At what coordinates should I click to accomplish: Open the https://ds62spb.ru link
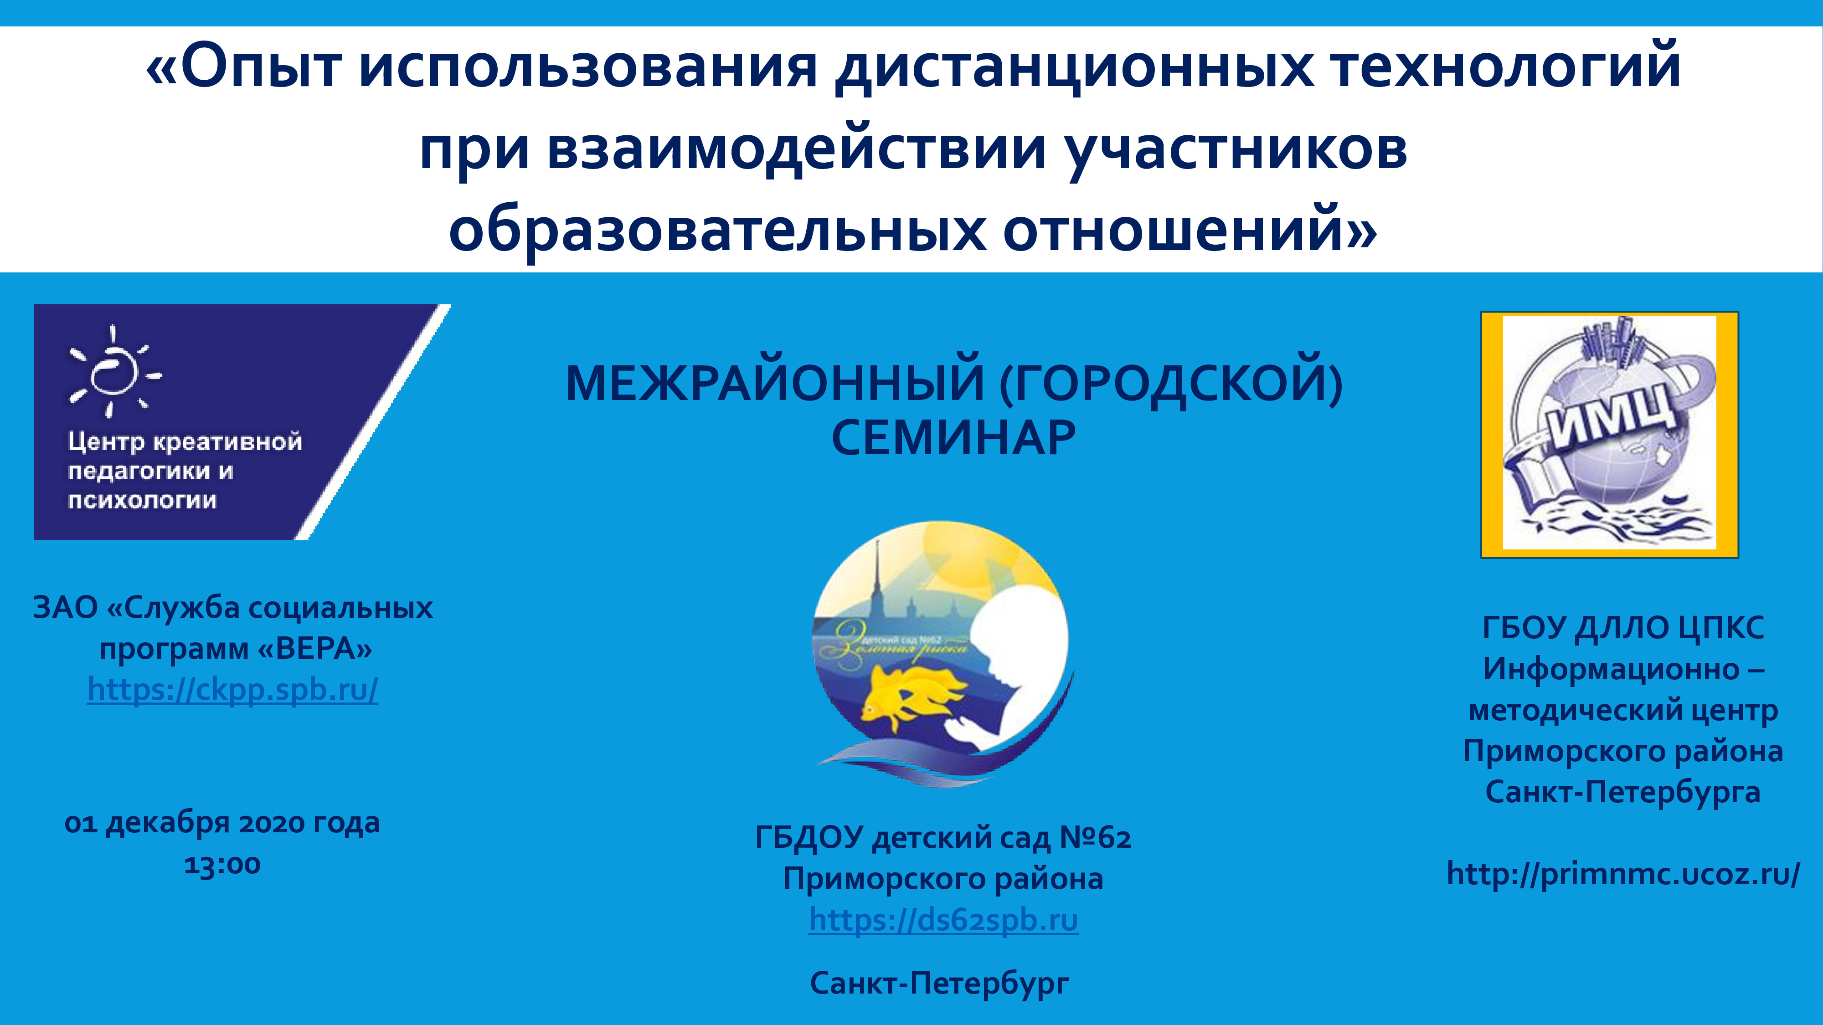tap(943, 920)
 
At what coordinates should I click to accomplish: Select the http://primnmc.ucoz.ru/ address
tap(1623, 874)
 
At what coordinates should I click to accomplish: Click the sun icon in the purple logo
tap(113, 371)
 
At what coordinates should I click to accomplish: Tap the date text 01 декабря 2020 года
tap(222, 823)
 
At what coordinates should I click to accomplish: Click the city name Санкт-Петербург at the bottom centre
tap(940, 983)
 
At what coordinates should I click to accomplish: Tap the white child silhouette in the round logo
tap(1012, 651)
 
